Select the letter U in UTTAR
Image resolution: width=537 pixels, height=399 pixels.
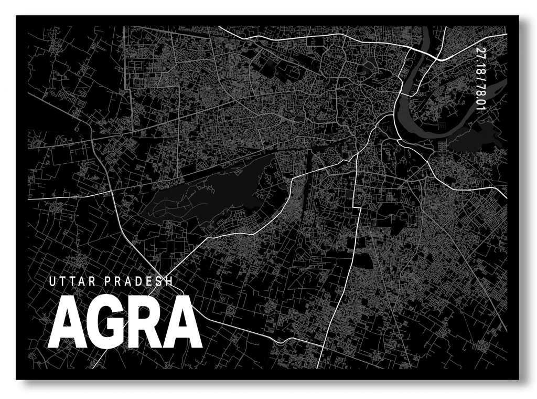pyautogui.click(x=51, y=281)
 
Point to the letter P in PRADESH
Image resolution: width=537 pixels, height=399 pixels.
pyautogui.click(x=108, y=281)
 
